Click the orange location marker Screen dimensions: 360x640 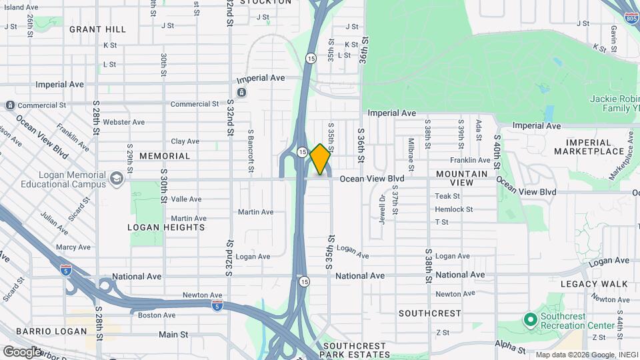pyautogui.click(x=321, y=159)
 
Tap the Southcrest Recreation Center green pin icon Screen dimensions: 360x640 pyautogui.click(x=531, y=320)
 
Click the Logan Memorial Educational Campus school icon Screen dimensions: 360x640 pyautogui.click(x=117, y=178)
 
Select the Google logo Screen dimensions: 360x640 pyautogui.click(x=22, y=351)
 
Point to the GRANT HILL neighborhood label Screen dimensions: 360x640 pyautogui.click(x=97, y=29)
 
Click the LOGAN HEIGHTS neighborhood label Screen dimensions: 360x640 pyautogui.click(x=166, y=227)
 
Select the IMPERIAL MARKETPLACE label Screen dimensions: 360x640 pyautogui.click(x=588, y=147)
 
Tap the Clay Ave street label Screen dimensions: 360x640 pyautogui.click(x=185, y=141)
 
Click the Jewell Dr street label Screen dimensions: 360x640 pyautogui.click(x=383, y=209)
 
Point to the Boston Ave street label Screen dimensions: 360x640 pyautogui.click(x=156, y=315)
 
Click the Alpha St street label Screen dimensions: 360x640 pyautogui.click(x=506, y=343)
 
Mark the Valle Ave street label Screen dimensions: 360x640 pyautogui.click(x=186, y=199)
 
